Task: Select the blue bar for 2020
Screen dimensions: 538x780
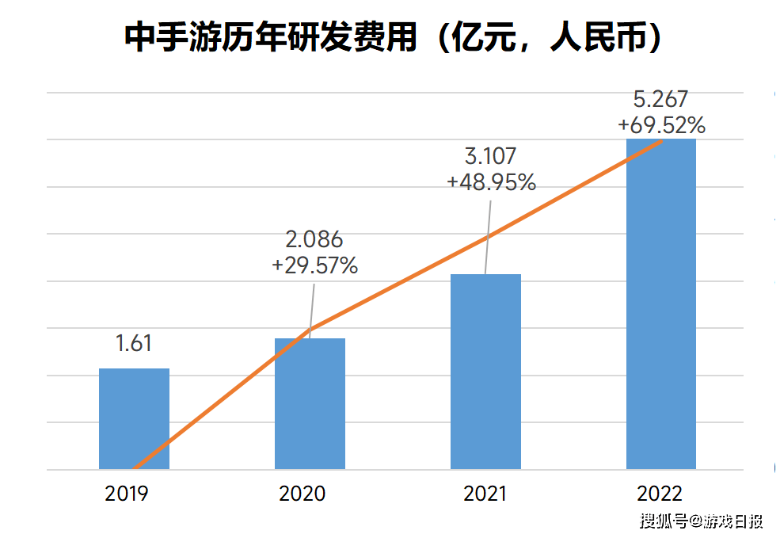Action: pos(310,403)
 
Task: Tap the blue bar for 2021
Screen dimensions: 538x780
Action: pos(485,372)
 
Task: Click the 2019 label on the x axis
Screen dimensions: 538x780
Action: pos(127,494)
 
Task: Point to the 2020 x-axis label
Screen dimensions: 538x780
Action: pos(302,494)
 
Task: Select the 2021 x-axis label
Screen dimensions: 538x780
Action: pos(485,494)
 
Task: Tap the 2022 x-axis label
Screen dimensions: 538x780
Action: pos(660,494)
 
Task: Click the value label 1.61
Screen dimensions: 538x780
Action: pos(133,344)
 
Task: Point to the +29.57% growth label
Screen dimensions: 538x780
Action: pos(314,266)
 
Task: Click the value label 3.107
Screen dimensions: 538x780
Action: pos(491,156)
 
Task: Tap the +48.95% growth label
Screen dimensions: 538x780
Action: pos(491,182)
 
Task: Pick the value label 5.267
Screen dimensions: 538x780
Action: pos(662,99)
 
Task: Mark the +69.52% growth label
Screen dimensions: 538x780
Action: pos(662,125)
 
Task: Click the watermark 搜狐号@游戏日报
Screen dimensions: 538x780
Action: pos(701,521)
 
